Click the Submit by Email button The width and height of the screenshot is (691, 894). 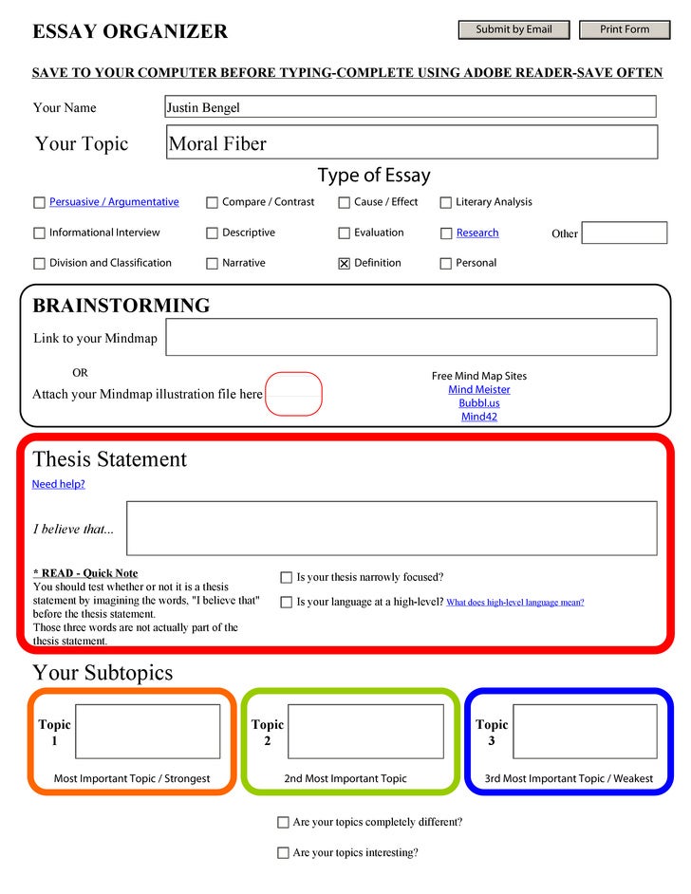pos(514,29)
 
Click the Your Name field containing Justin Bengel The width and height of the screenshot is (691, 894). pos(410,107)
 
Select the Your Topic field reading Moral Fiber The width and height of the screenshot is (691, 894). pos(412,143)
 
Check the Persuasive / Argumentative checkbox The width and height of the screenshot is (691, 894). pos(39,202)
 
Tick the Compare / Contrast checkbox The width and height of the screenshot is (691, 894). pos(212,202)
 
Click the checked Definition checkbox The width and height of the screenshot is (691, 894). pos(344,264)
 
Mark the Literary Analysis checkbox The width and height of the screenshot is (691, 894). pos(445,202)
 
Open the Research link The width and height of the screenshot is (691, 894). pos(476,233)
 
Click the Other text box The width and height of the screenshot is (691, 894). pos(624,233)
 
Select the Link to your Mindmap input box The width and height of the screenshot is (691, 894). pos(410,337)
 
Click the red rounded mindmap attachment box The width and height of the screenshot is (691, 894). pos(293,394)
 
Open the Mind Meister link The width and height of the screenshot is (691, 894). pos(478,390)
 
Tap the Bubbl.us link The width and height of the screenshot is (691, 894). pos(478,403)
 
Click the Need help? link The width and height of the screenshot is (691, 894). pos(58,484)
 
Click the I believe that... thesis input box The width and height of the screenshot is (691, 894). pos(391,528)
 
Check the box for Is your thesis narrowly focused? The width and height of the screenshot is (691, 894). pos(286,577)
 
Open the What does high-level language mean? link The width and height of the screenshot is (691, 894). pos(514,602)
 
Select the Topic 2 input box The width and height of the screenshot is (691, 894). pos(365,731)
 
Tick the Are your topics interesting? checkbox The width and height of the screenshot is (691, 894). pos(283,852)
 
